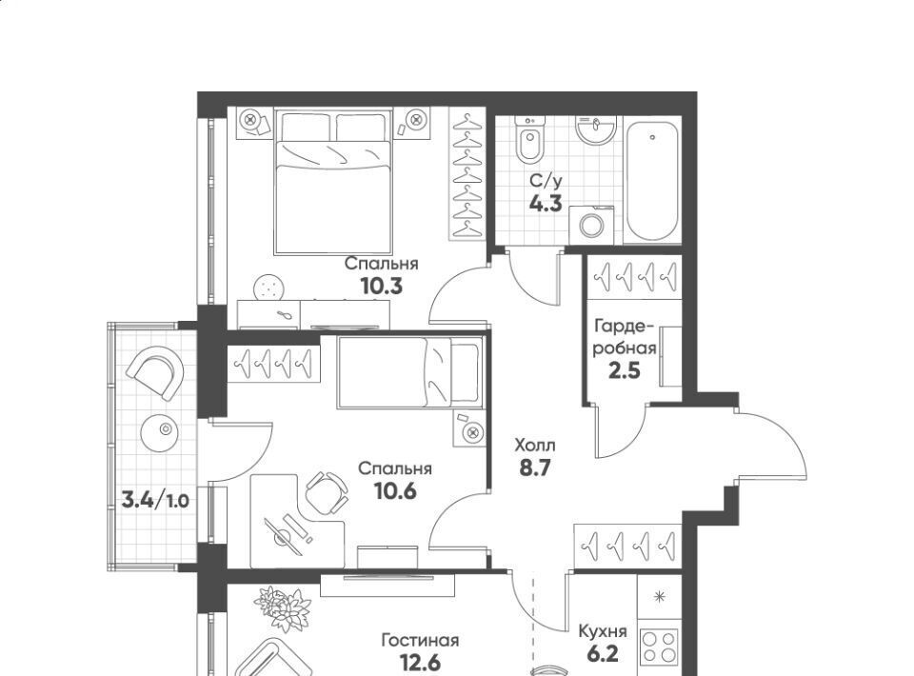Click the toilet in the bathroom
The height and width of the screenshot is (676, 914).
pyautogui.click(x=530, y=139)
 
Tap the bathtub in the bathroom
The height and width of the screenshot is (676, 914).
pyautogui.click(x=652, y=179)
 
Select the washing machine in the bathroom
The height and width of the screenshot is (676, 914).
pyautogui.click(x=591, y=225)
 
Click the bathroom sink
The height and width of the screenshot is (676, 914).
pyautogui.click(x=595, y=129)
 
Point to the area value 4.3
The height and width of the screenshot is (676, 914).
pyautogui.click(x=546, y=204)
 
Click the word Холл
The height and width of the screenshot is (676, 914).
pyautogui.click(x=535, y=447)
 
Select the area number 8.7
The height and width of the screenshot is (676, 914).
pyautogui.click(x=535, y=467)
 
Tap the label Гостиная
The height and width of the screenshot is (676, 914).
pyautogui.click(x=420, y=641)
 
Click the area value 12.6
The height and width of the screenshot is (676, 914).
pyautogui.click(x=420, y=663)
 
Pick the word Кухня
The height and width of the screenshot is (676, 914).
pyautogui.click(x=603, y=631)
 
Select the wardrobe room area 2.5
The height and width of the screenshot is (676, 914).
pyautogui.click(x=625, y=370)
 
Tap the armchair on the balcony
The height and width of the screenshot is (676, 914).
pyautogui.click(x=155, y=371)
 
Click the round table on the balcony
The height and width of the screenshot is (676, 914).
pyautogui.click(x=160, y=432)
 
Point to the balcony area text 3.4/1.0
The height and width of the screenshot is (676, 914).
pyautogui.click(x=155, y=500)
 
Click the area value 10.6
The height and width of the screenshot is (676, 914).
pyautogui.click(x=395, y=491)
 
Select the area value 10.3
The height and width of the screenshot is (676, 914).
pyautogui.click(x=382, y=287)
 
